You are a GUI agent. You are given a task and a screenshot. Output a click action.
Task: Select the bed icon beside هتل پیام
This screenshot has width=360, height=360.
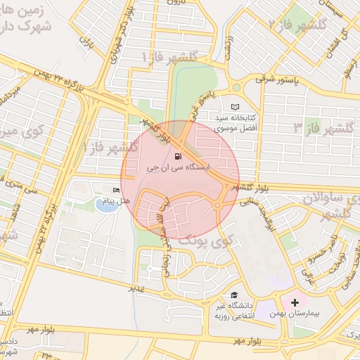116,191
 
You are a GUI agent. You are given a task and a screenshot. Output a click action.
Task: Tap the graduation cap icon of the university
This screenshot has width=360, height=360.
233,295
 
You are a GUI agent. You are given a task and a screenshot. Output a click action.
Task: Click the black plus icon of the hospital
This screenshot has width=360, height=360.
294,301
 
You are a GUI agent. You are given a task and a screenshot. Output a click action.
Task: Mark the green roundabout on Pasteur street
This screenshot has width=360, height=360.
236,88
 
